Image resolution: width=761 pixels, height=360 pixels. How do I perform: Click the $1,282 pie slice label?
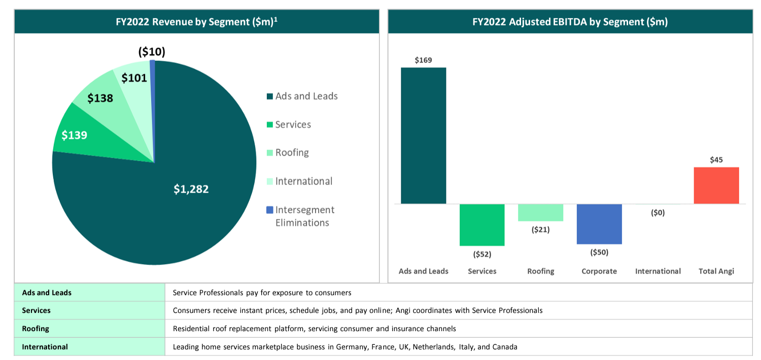click(x=191, y=189)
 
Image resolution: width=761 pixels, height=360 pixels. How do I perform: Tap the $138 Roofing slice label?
click(x=100, y=98)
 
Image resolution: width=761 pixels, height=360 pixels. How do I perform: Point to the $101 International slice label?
click(x=134, y=78)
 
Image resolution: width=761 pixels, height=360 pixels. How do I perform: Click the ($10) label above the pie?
click(x=152, y=52)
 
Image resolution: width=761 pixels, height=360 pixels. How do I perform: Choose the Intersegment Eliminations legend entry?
click(x=301, y=216)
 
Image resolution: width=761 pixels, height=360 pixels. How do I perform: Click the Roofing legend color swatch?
click(x=270, y=153)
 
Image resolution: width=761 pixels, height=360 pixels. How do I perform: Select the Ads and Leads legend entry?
click(x=302, y=96)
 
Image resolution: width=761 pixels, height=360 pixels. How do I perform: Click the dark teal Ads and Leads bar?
click(x=423, y=135)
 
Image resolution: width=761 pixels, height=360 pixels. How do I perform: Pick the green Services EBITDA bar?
click(x=482, y=225)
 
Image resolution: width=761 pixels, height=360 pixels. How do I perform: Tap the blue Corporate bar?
click(x=599, y=224)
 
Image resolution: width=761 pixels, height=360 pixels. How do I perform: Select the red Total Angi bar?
click(x=716, y=186)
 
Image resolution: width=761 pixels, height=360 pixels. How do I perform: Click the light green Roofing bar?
click(x=540, y=212)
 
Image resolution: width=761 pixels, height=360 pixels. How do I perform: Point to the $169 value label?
click(x=423, y=60)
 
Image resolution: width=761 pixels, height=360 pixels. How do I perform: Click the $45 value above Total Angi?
click(x=716, y=160)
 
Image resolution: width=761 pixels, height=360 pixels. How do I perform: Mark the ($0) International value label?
click(x=658, y=212)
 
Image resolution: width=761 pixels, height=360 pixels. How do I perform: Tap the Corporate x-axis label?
click(x=599, y=271)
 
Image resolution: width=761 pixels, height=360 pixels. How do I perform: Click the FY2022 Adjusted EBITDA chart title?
click(x=570, y=22)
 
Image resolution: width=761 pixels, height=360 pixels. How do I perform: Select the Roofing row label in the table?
click(x=36, y=329)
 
